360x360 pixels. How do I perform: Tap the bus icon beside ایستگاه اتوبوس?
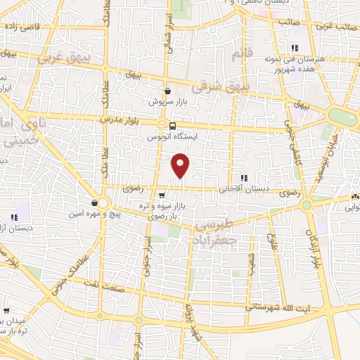164,126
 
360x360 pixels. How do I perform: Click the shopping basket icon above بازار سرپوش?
167,91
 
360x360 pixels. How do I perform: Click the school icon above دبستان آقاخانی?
245,178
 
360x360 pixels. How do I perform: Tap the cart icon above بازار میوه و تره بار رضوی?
162,195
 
